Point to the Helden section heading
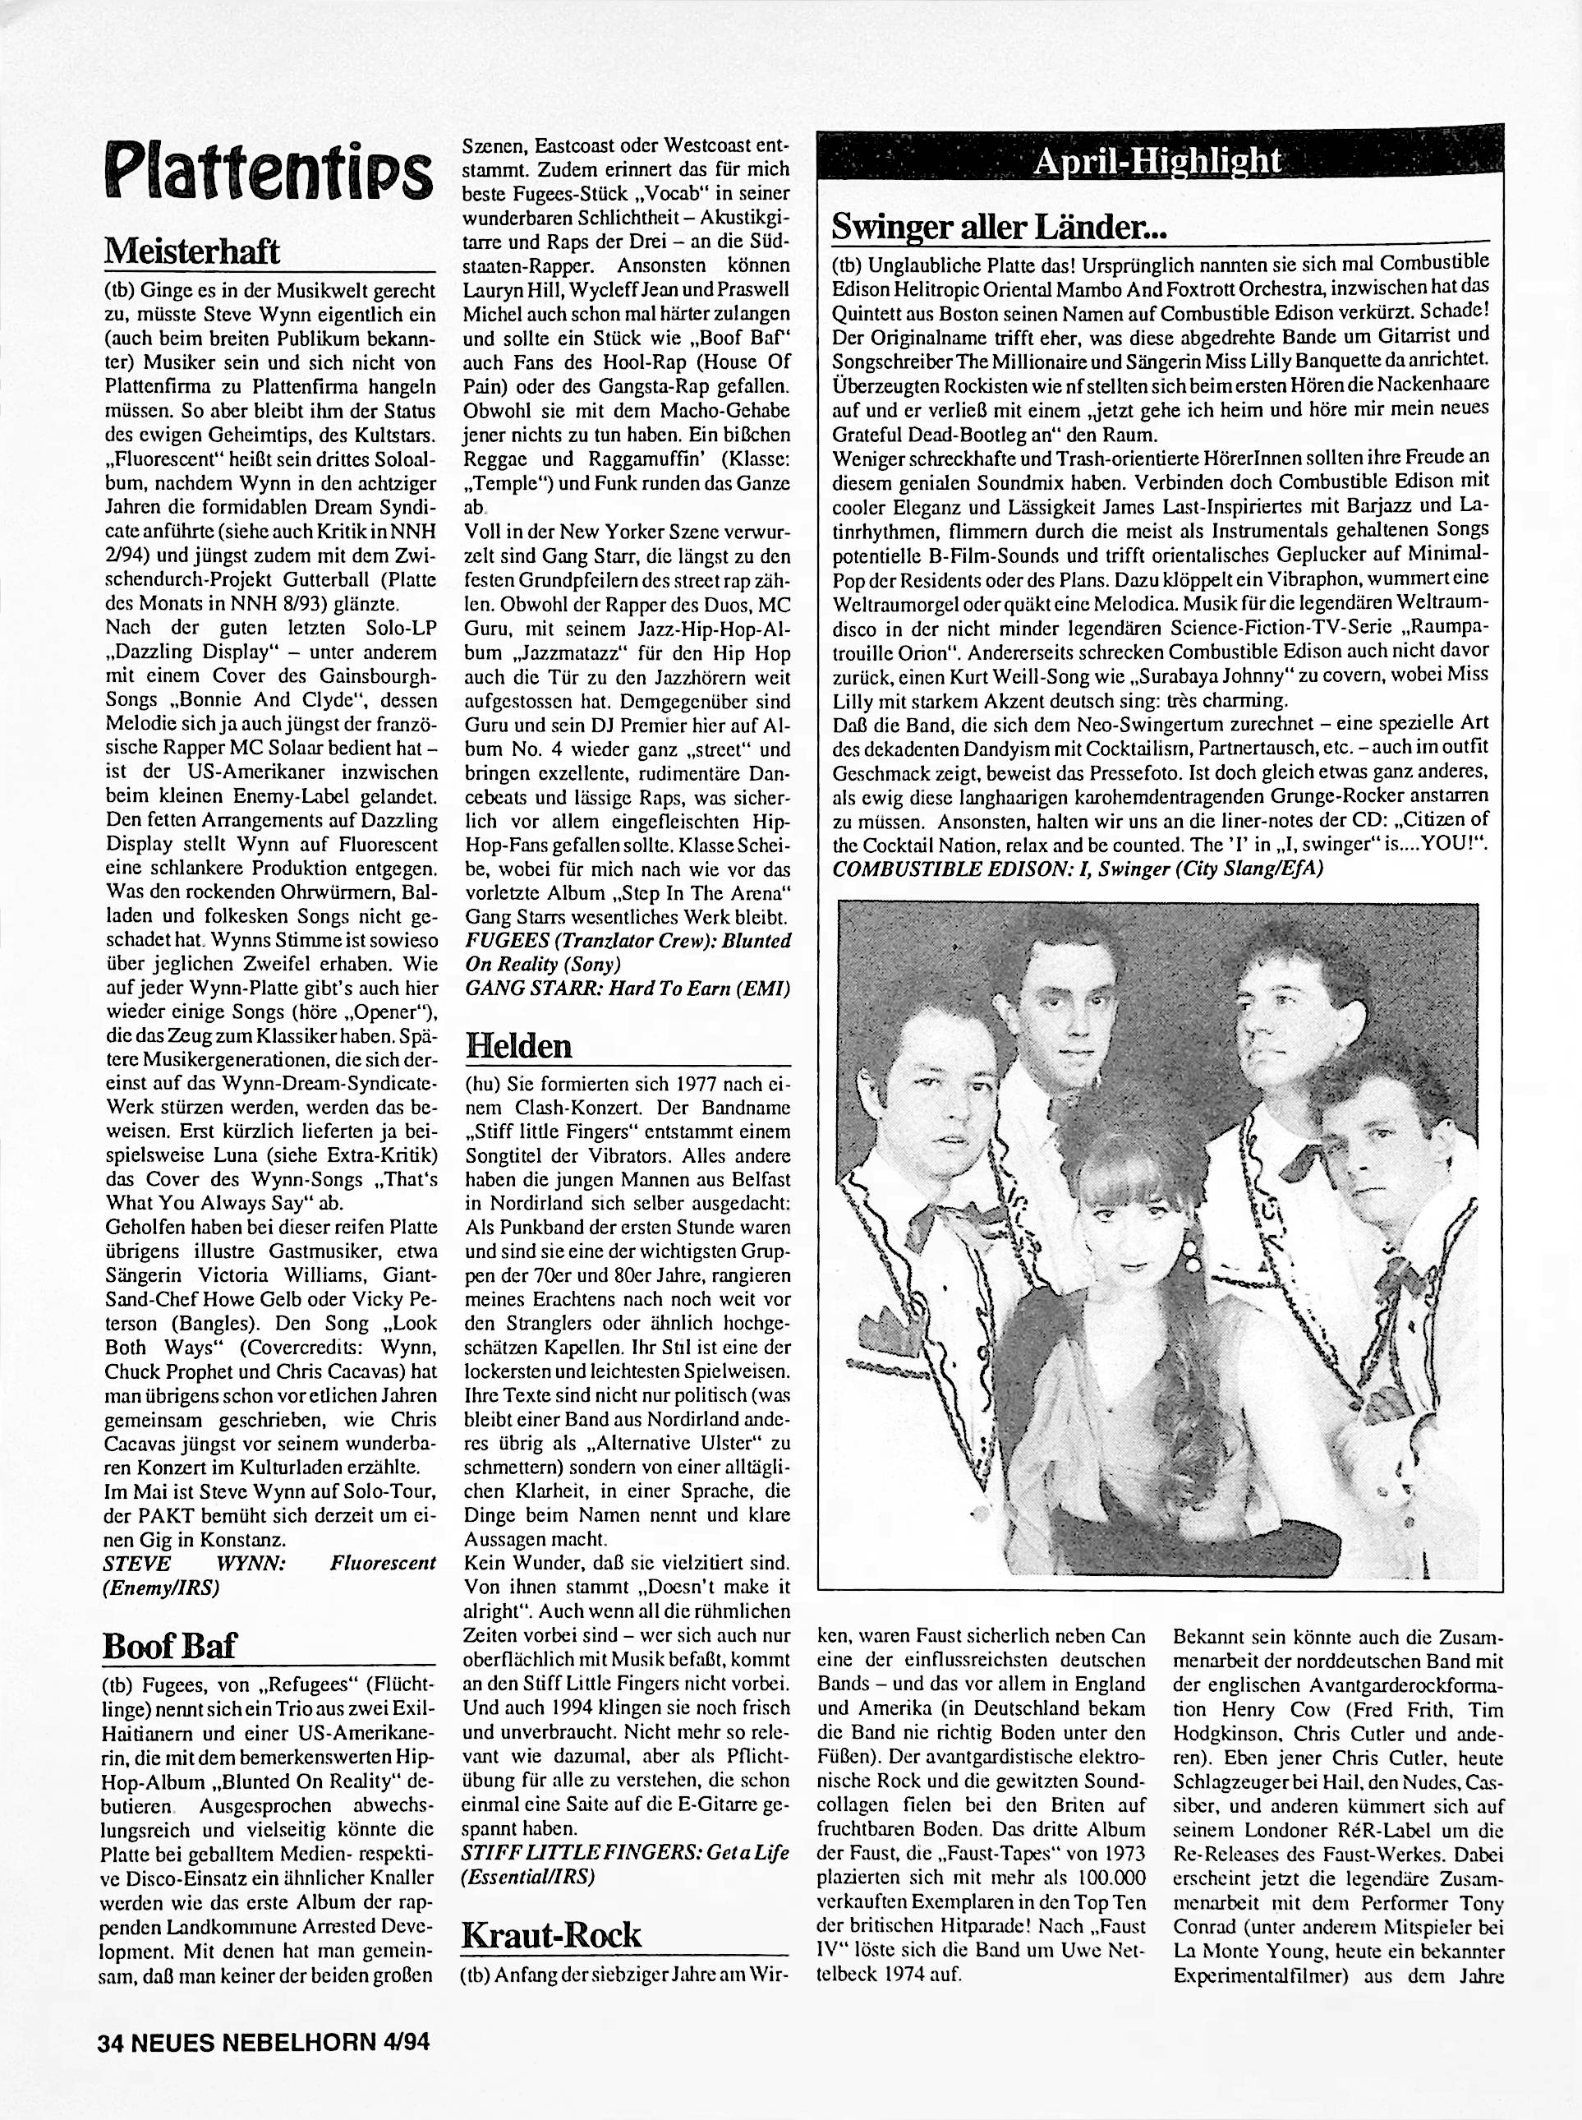pyautogui.click(x=518, y=1045)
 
